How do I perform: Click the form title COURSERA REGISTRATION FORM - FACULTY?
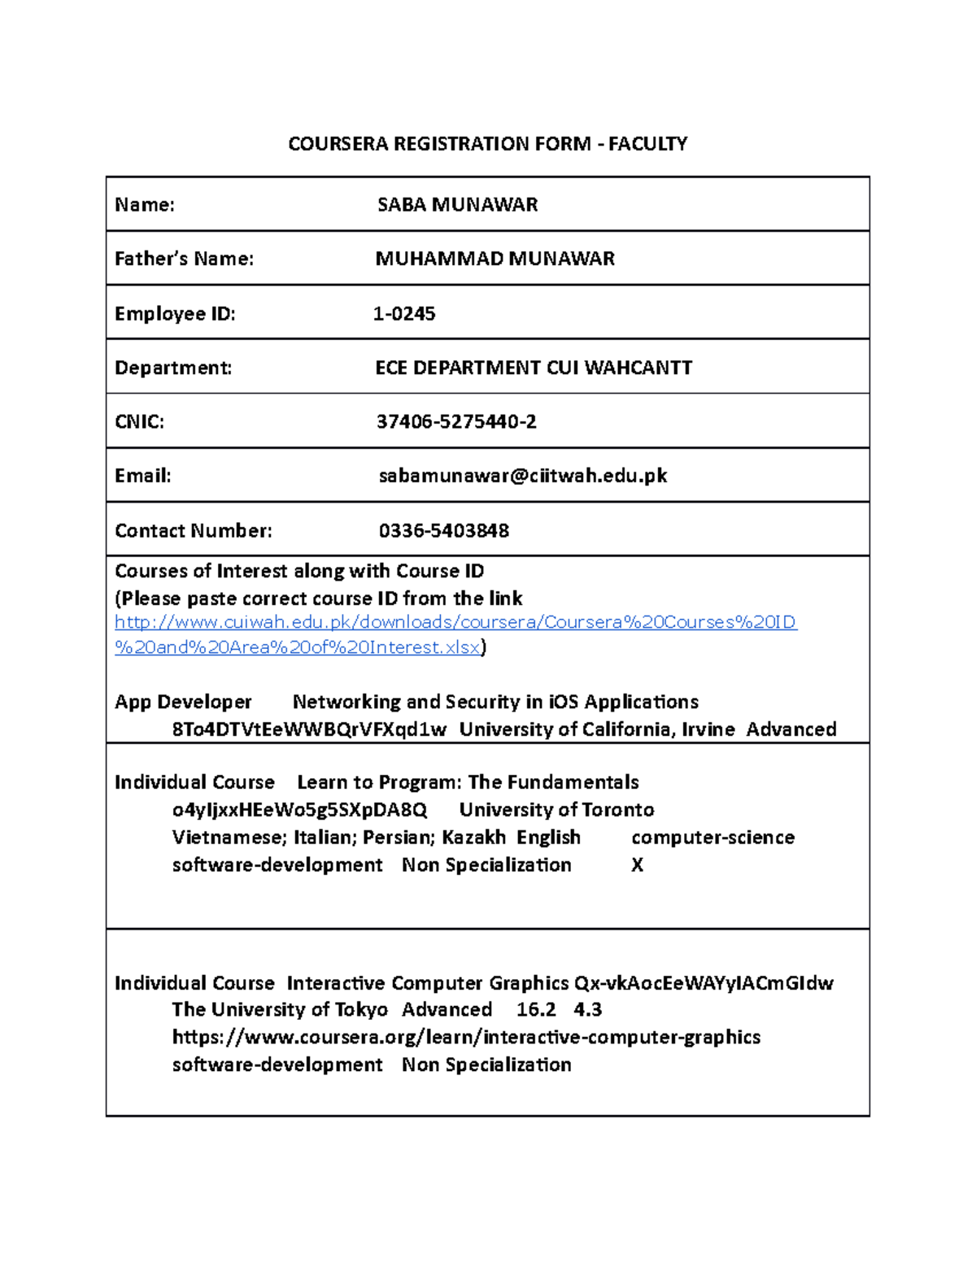[487, 144]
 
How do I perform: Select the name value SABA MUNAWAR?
[457, 204]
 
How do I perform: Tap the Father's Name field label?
[184, 259]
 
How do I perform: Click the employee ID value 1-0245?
[404, 313]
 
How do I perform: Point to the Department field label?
[172, 368]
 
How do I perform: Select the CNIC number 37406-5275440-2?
[455, 421]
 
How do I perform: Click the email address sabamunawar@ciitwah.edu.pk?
[522, 476]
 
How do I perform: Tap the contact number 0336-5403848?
[443, 530]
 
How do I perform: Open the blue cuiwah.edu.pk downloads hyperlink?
[455, 623]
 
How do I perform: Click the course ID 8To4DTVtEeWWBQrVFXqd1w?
[309, 729]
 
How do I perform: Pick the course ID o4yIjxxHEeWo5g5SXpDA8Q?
[299, 810]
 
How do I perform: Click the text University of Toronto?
[556, 810]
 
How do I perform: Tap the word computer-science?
[712, 838]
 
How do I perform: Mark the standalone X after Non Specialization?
[637, 865]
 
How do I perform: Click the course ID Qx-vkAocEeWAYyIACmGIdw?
[704, 983]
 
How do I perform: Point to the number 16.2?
[536, 1010]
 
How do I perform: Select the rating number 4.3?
[587, 1010]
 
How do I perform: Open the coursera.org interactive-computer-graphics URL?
[466, 1038]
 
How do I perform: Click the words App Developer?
[183, 702]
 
